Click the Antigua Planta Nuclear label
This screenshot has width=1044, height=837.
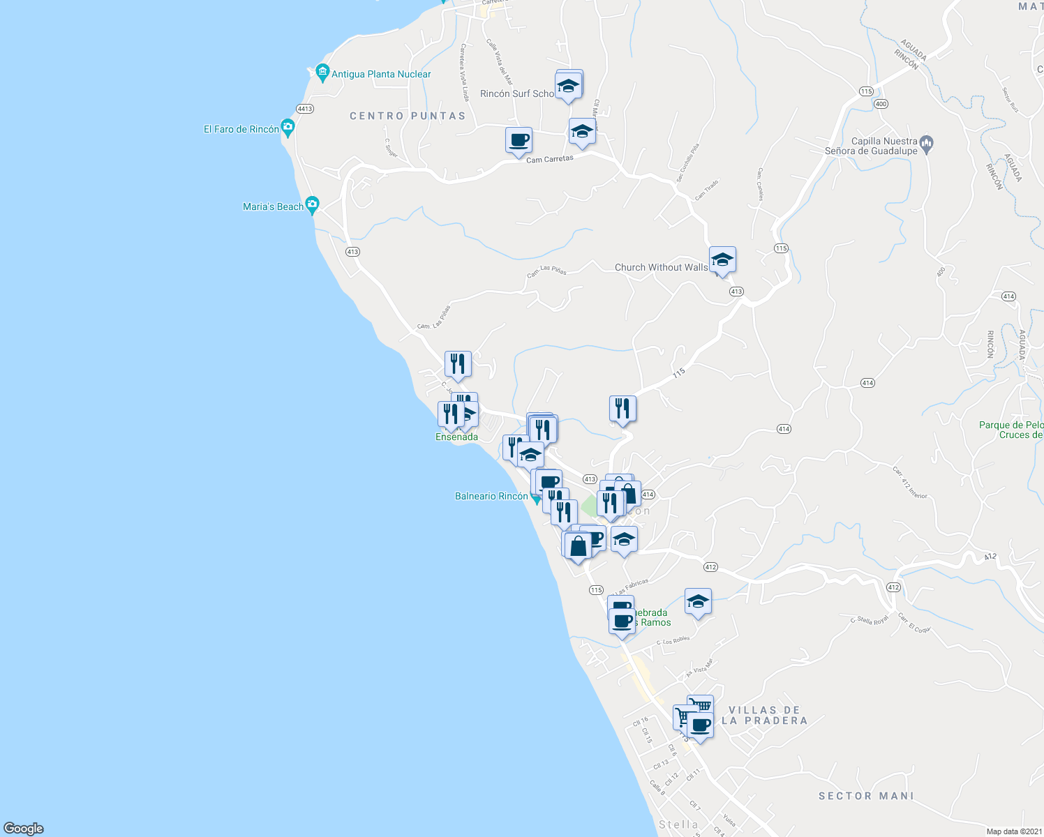tap(381, 74)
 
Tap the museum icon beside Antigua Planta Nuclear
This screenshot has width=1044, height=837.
tap(322, 72)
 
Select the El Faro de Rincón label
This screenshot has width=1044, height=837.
tap(241, 129)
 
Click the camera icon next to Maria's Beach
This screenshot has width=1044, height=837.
tap(312, 205)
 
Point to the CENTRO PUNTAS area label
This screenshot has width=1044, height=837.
tap(408, 116)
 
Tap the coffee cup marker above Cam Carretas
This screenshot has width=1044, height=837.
tap(519, 141)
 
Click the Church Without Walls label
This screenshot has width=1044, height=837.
tap(661, 267)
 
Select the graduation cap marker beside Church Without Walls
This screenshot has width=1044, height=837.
tap(722, 261)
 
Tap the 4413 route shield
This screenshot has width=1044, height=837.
tap(305, 109)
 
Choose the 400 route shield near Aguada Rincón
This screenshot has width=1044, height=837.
tap(881, 104)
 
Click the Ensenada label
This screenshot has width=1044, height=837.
tap(456, 437)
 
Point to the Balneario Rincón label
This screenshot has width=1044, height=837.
tap(491, 496)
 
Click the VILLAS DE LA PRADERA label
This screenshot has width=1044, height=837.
tap(765, 715)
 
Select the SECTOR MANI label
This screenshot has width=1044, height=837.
tap(866, 796)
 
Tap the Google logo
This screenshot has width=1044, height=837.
tap(24, 828)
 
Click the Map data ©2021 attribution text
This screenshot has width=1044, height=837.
tap(1014, 831)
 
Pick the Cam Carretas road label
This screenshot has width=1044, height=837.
tap(550, 159)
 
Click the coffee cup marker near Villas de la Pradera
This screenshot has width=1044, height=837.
tap(700, 727)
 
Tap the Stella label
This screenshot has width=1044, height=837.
tap(678, 824)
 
